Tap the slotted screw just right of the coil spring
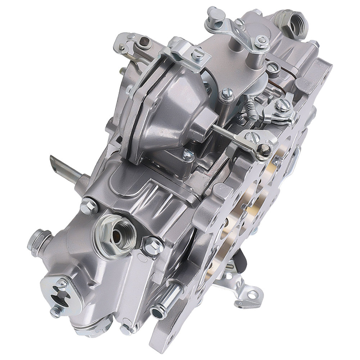click(283, 105)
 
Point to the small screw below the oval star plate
click(56, 311)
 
